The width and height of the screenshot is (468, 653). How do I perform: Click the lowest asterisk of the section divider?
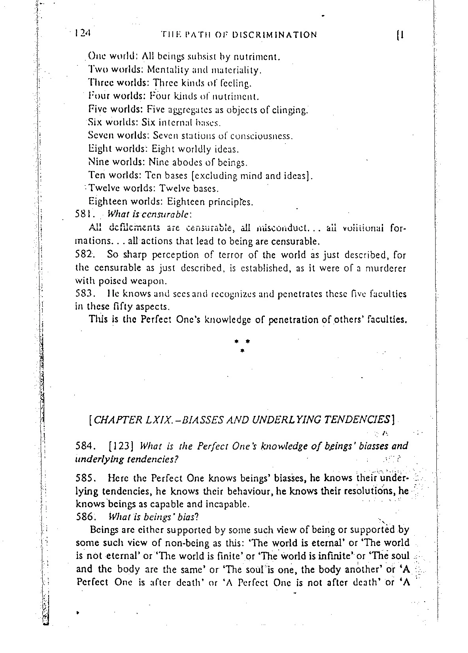(x=242, y=350)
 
